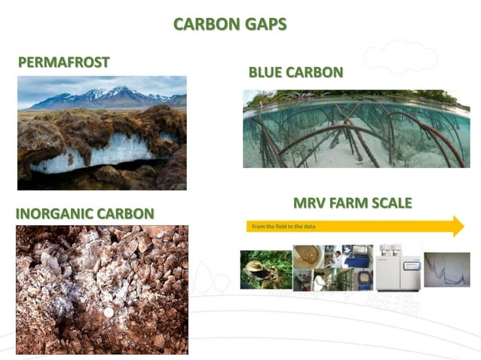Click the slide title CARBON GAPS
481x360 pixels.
pyautogui.click(x=230, y=24)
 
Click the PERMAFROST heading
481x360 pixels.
pyautogui.click(x=64, y=62)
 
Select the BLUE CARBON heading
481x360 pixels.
pyautogui.click(x=296, y=72)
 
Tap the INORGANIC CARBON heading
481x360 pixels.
pyautogui.click(x=84, y=214)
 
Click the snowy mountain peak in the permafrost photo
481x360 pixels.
pyautogui.click(x=117, y=92)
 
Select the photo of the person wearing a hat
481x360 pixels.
pyautogui.click(x=265, y=269)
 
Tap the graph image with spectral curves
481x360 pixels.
pyautogui.click(x=446, y=269)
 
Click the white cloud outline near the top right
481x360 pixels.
pyautogui.click(x=400, y=56)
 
